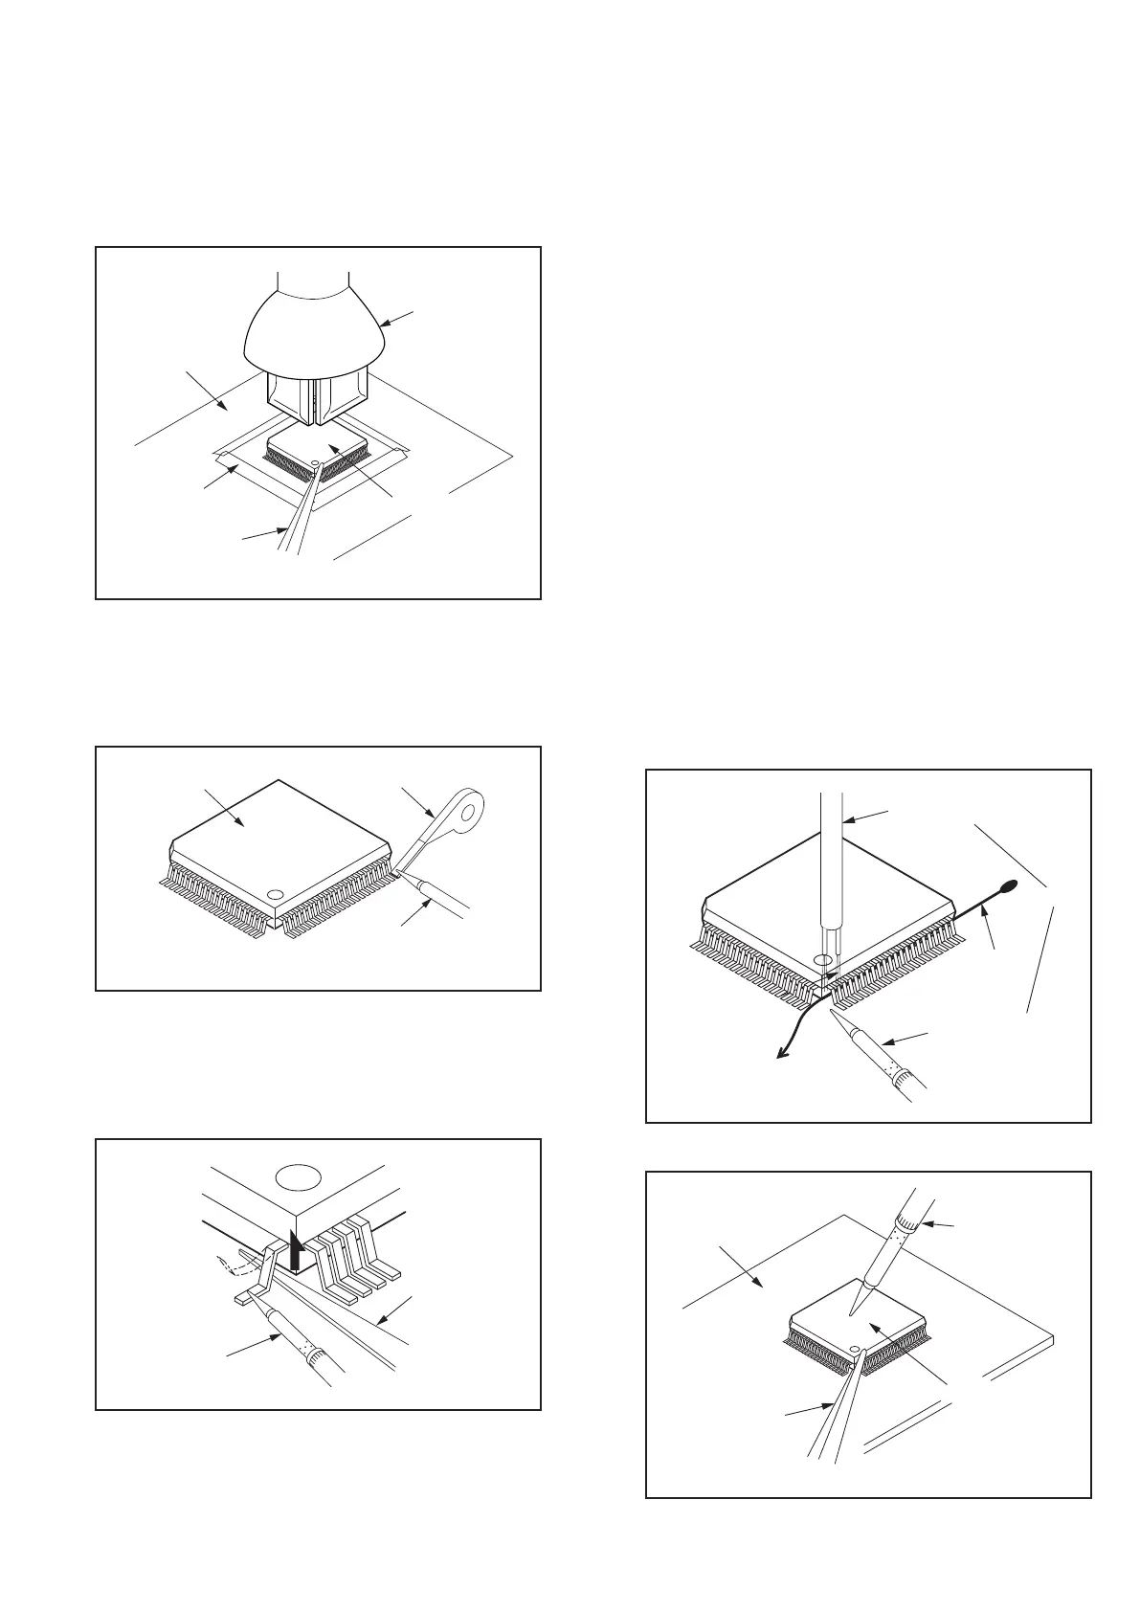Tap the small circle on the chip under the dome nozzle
click(316, 465)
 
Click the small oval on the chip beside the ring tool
click(275, 894)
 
